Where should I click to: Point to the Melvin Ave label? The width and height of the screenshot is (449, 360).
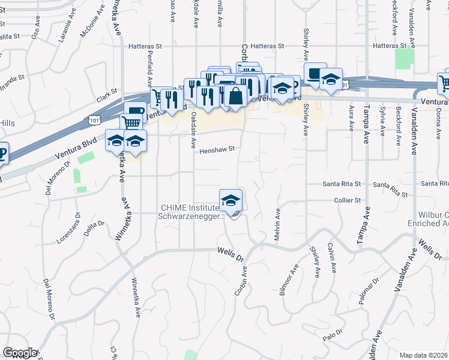(x=278, y=225)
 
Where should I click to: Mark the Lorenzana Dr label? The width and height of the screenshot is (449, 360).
(x=77, y=224)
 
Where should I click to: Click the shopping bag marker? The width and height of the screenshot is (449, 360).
(x=237, y=95)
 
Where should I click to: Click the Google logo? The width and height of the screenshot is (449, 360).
(x=20, y=353)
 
